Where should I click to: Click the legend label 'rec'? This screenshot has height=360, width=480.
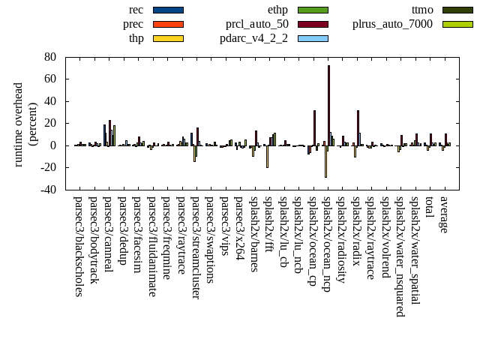[136, 10]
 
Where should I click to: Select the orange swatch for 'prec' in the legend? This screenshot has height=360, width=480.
[168, 24]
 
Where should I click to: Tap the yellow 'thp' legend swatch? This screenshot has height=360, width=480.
[168, 38]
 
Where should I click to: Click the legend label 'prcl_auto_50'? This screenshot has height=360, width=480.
[257, 24]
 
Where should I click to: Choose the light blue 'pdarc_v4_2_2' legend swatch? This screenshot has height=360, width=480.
[313, 38]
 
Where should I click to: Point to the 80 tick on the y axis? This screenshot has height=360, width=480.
[50, 57]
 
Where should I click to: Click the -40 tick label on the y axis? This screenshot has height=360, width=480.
[47, 190]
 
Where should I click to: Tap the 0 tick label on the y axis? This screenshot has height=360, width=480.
[54, 145]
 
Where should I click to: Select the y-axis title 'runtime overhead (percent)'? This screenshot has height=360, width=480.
[25, 124]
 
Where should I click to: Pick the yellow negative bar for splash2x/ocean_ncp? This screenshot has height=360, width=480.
[325, 161]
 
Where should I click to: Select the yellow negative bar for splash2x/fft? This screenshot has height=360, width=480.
[267, 156]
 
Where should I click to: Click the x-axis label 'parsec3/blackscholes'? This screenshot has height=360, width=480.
[79, 246]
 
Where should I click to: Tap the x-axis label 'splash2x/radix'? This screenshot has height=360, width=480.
[358, 228]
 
